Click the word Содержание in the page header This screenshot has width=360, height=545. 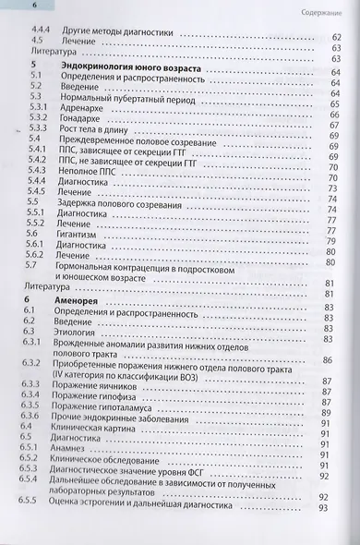coord(329,12)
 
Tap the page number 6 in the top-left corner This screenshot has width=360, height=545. coord(13,7)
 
